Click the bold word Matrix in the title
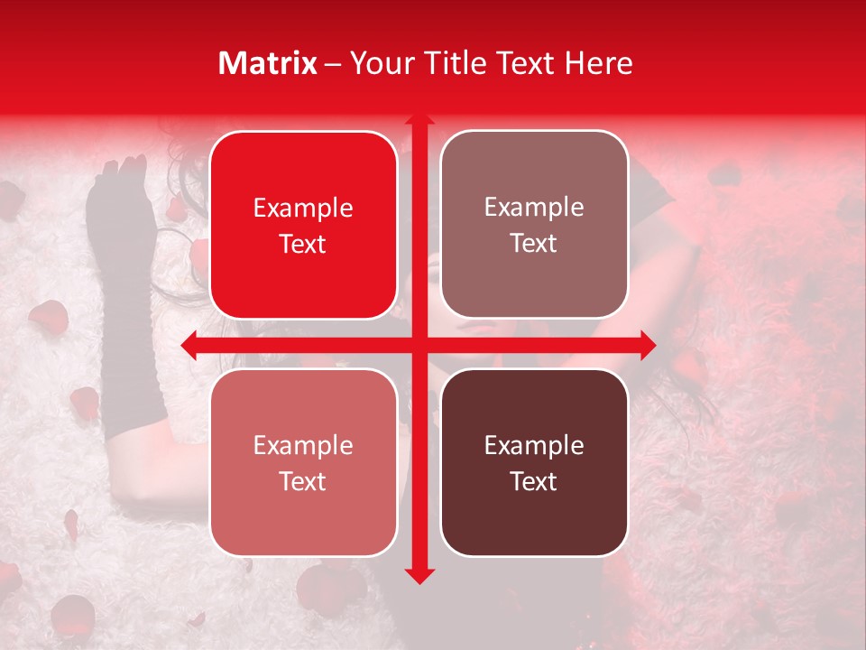[268, 63]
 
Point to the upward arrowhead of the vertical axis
[419, 121]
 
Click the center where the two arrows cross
[419, 345]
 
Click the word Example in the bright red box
[303, 209]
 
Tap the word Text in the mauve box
[534, 244]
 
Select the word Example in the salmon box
[303, 446]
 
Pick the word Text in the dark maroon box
[534, 481]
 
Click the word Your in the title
[379, 63]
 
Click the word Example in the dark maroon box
[534, 446]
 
